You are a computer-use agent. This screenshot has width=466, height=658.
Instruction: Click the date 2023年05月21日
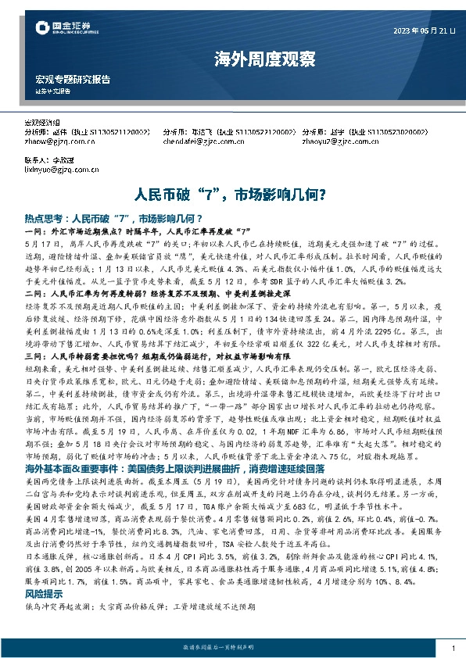click(x=423, y=30)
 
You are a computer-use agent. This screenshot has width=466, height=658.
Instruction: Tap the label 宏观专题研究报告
click(x=73, y=80)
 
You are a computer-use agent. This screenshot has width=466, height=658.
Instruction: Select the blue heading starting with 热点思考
click(x=113, y=219)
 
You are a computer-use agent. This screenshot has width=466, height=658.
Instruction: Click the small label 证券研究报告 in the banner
click(x=53, y=91)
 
